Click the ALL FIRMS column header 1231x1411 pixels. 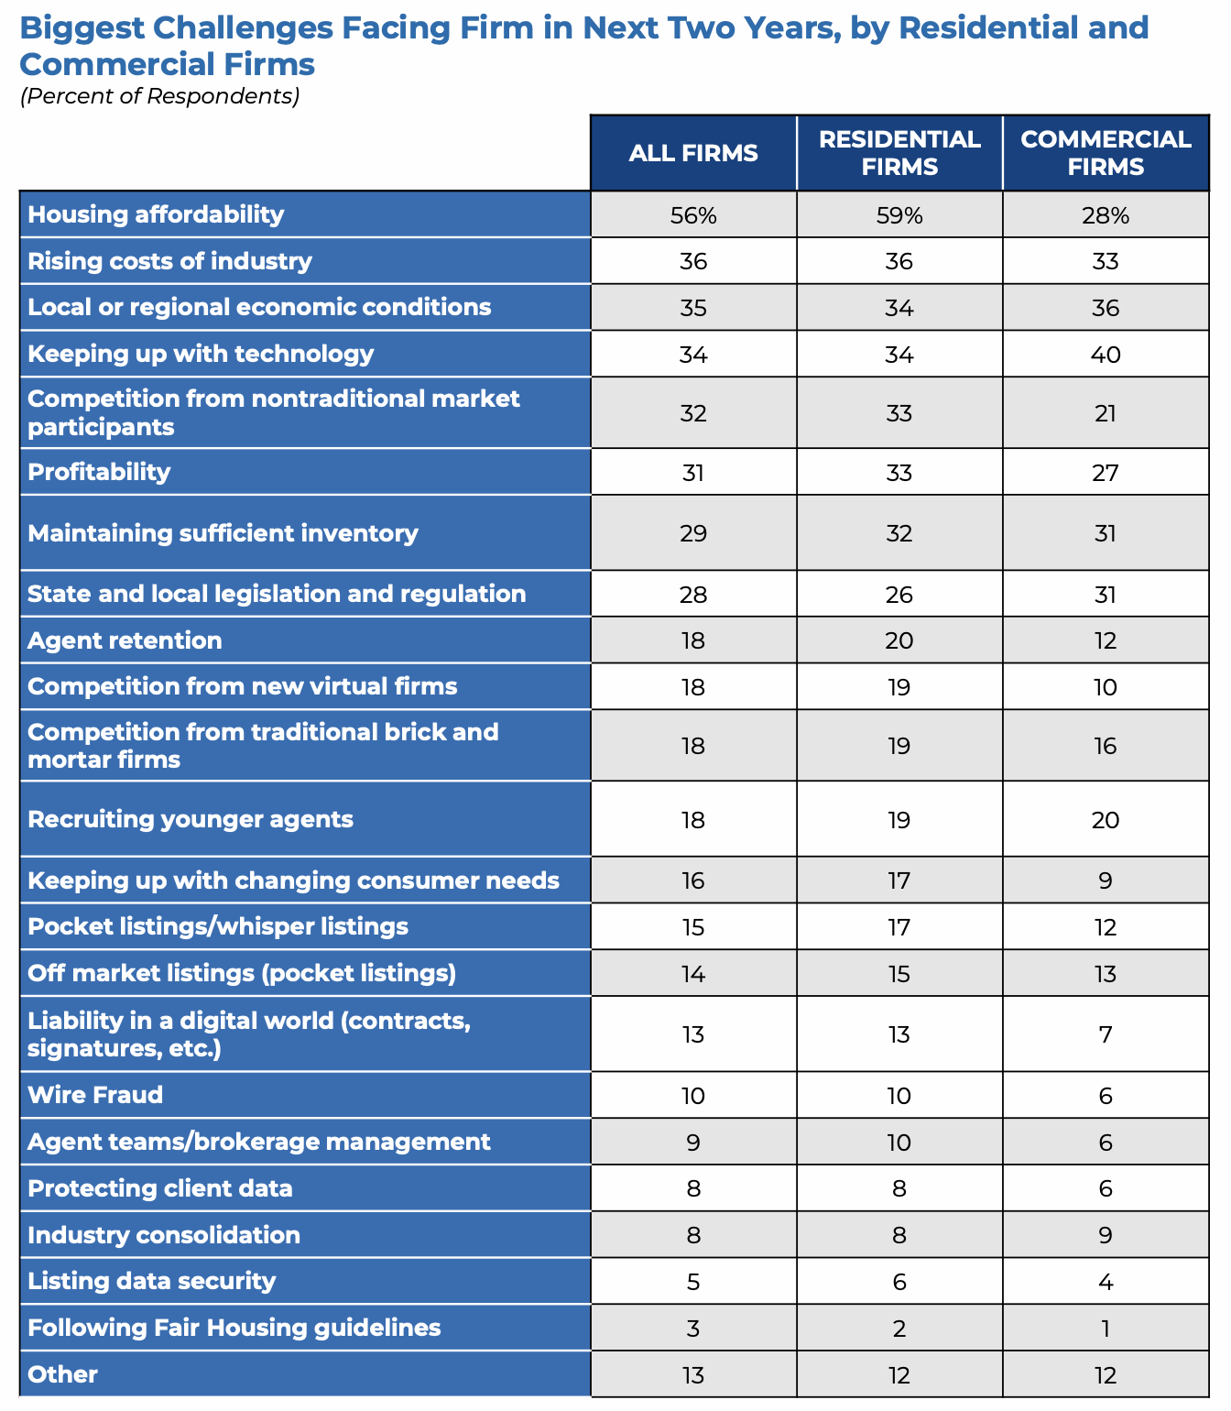693,153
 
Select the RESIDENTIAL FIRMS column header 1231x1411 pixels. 899,153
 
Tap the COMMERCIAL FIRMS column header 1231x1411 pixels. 1106,153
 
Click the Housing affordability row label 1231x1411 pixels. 156,214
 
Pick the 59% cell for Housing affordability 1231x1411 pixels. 899,215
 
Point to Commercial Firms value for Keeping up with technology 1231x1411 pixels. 1106,355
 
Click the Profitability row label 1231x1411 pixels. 99,472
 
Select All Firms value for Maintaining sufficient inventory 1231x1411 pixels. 693,533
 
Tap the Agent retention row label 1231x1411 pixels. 125,640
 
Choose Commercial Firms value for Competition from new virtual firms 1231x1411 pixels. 1106,687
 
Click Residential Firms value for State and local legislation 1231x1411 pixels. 899,595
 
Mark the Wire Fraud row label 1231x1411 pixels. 95,1095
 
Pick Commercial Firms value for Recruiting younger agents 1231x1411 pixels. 1106,820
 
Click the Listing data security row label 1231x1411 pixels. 151,1281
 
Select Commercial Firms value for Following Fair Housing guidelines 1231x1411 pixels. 1106,1329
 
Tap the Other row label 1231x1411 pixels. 62,1374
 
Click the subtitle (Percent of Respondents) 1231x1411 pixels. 160,96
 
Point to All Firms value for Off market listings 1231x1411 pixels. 693,974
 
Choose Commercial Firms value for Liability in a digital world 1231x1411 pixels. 1106,1034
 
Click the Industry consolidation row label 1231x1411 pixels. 164,1235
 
